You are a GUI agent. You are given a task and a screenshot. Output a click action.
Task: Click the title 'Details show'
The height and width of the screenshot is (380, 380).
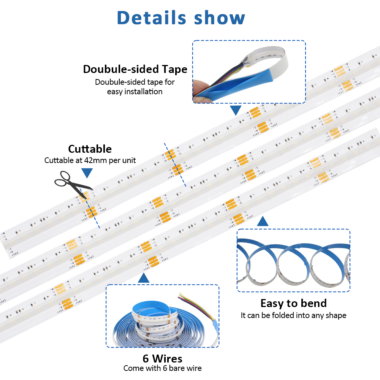pos(181,18)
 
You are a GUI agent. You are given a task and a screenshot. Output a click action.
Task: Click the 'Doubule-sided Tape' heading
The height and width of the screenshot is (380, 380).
pos(135,69)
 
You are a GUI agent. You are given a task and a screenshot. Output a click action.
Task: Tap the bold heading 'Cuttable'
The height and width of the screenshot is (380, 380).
pos(90,149)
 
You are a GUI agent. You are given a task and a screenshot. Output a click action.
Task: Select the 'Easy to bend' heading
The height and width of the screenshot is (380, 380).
pos(293,303)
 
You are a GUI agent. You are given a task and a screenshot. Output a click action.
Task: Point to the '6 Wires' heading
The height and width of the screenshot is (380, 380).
pos(162,358)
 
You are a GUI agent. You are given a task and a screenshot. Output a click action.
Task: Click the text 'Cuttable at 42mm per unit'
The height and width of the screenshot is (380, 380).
pos(90,160)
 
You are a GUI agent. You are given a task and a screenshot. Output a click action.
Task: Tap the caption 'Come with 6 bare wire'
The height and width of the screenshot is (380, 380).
pos(162,368)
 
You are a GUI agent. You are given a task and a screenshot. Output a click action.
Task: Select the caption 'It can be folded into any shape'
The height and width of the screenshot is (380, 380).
pos(293,315)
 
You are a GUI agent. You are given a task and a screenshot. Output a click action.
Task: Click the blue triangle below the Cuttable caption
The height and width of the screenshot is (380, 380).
pos(87,173)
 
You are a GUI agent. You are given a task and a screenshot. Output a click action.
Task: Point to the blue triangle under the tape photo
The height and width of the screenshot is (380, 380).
pos(236,110)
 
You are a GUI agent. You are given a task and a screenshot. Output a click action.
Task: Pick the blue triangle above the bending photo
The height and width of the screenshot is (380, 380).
pos(263,221)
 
